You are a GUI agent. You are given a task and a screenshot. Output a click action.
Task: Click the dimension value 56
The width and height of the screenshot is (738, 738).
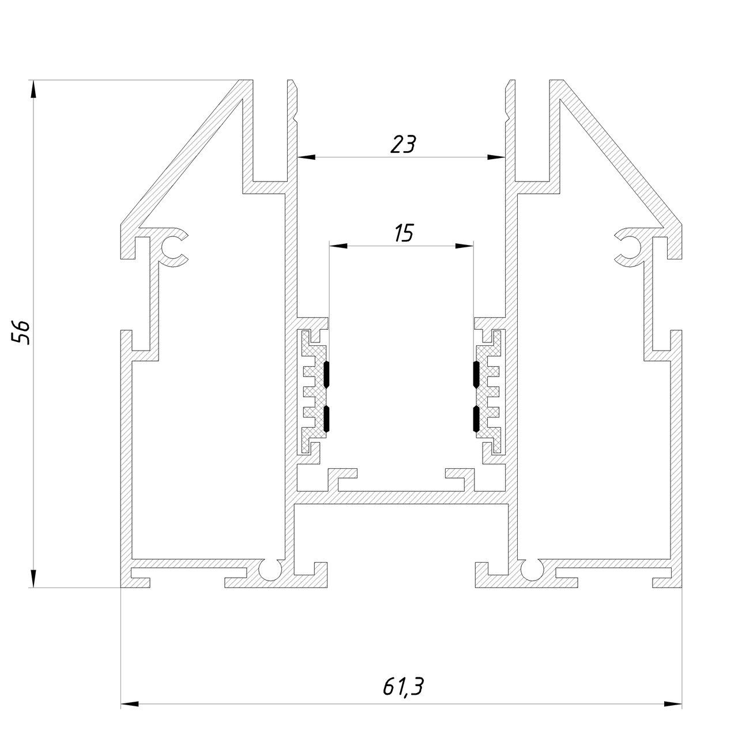click(21, 333)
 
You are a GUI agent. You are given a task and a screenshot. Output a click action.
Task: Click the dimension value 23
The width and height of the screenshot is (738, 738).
click(403, 144)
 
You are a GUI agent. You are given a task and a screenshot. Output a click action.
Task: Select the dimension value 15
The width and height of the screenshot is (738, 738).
click(404, 233)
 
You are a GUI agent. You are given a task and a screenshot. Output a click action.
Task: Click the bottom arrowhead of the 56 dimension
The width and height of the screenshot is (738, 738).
click(33, 578)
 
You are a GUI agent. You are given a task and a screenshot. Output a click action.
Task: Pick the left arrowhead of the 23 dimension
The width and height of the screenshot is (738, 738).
click(306, 157)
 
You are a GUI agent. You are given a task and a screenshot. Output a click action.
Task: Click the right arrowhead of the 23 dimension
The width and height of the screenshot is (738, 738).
click(496, 157)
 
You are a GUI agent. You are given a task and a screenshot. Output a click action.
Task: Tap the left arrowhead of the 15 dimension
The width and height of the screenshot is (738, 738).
click(338, 246)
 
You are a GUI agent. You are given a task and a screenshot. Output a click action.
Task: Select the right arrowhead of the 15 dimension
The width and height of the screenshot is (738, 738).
click(465, 246)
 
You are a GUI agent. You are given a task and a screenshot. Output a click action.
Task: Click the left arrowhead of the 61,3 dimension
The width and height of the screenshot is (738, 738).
click(130, 714)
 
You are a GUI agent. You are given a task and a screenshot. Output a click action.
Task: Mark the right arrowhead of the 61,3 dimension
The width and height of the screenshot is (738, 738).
click(673, 714)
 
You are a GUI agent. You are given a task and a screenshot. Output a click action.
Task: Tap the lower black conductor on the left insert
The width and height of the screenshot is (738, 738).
click(327, 419)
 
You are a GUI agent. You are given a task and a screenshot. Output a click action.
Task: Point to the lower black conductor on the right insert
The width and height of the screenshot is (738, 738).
click(476, 419)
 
